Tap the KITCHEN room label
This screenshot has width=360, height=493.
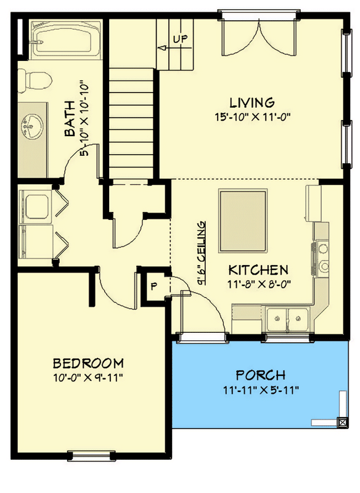[x=258, y=270]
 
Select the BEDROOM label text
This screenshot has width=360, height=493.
[x=88, y=363]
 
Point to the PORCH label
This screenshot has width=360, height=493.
[x=261, y=375]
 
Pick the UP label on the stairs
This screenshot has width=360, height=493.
[x=180, y=39]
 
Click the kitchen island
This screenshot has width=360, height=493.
[x=243, y=211]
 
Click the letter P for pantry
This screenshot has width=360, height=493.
[x=153, y=287]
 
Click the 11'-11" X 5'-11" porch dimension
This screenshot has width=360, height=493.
[x=261, y=389]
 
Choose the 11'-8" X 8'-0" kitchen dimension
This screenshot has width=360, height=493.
[x=258, y=284]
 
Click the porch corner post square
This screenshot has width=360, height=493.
[x=340, y=423]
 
